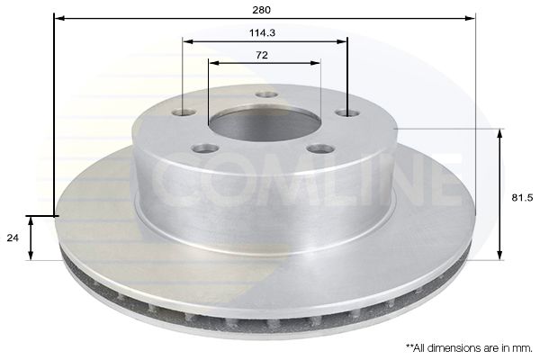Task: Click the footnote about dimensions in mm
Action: click(x=468, y=346)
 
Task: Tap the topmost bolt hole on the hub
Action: click(x=265, y=94)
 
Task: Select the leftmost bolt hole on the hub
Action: click(x=184, y=112)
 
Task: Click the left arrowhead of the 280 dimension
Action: click(x=58, y=17)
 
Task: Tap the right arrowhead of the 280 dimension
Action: click(x=471, y=17)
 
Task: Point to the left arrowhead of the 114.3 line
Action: click(x=186, y=40)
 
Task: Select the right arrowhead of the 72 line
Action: click(x=317, y=63)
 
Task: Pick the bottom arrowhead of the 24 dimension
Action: click(x=31, y=256)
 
